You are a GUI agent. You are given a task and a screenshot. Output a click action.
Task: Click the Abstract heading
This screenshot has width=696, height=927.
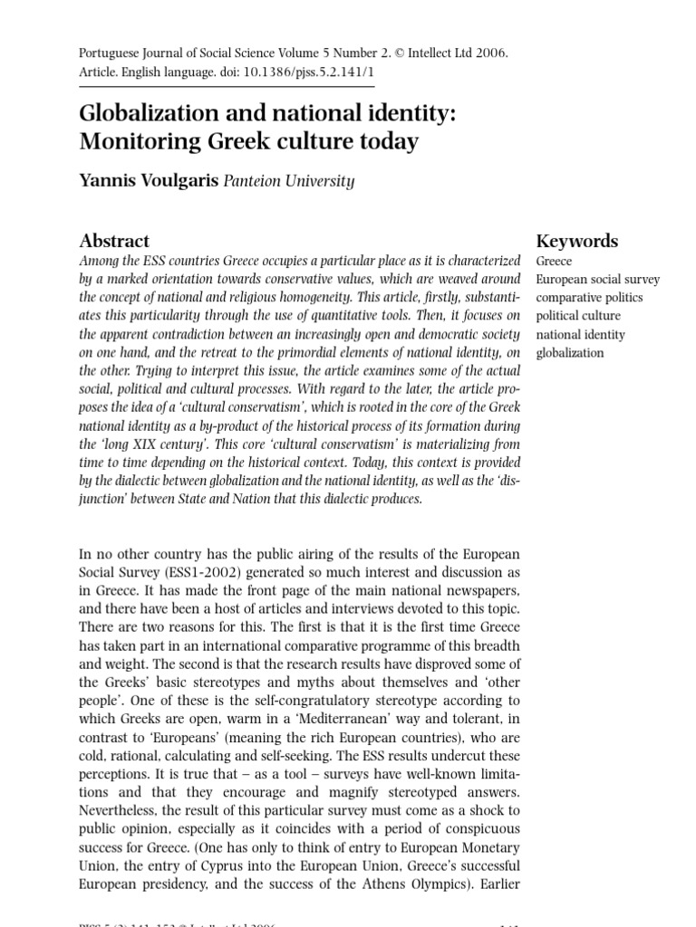click(114, 241)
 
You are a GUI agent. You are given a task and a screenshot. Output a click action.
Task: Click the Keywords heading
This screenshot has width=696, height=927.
click(577, 241)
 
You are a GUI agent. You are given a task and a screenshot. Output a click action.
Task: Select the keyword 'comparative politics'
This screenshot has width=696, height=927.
click(589, 298)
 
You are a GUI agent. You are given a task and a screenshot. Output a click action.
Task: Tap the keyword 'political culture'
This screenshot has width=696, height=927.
click(578, 316)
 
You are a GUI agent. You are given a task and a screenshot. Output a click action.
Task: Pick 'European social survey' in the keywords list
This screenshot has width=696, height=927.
click(598, 280)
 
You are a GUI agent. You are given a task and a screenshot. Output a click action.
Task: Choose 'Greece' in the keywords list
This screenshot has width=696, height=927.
click(555, 262)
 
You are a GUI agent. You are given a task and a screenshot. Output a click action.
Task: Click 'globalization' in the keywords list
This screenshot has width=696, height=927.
click(570, 352)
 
